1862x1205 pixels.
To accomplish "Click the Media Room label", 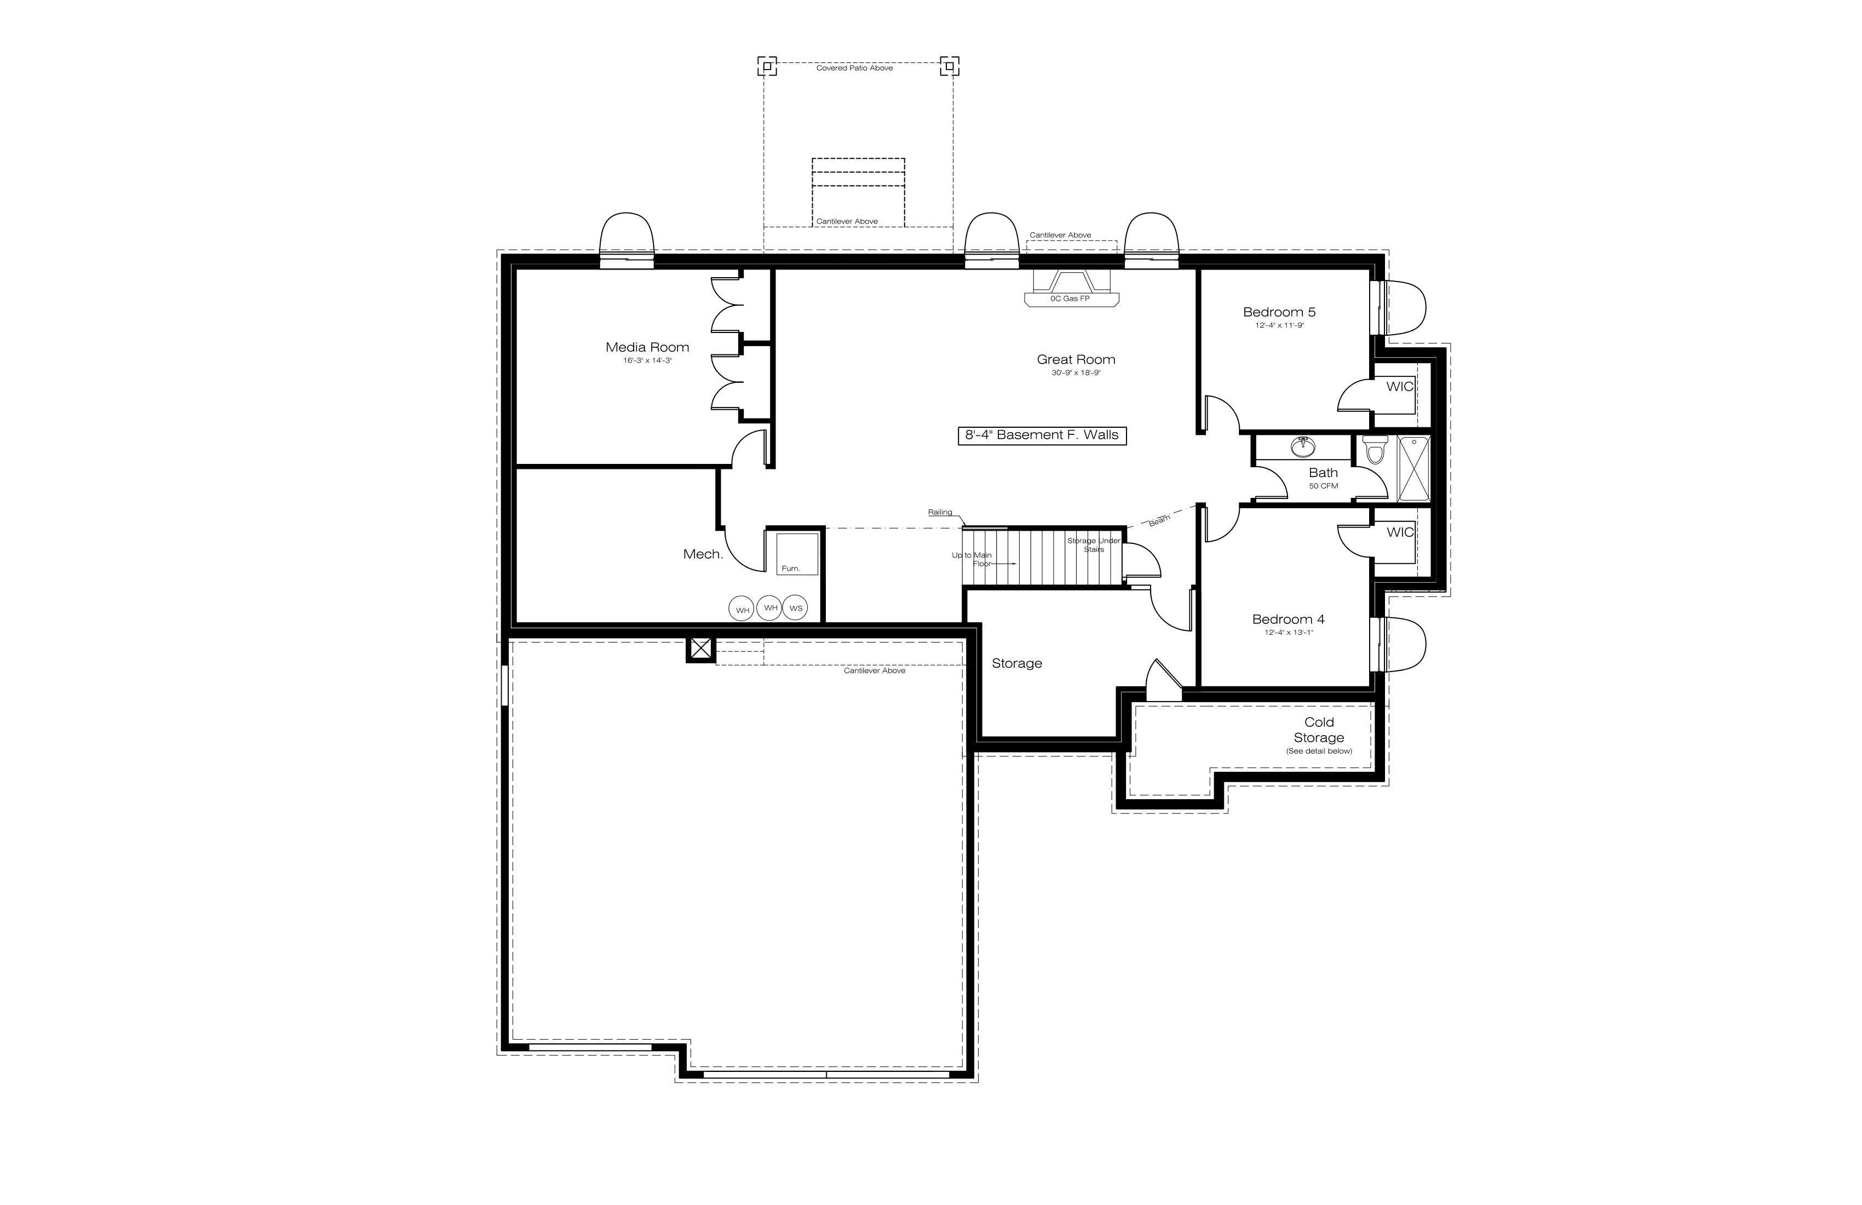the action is pyautogui.click(x=647, y=347).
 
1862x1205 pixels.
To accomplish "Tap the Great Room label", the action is pyautogui.click(x=1076, y=360).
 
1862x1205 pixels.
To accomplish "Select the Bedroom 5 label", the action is pyautogui.click(x=1279, y=312).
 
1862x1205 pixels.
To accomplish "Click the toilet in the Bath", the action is pyautogui.click(x=1375, y=450).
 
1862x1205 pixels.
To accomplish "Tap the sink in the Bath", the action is pyautogui.click(x=1303, y=447).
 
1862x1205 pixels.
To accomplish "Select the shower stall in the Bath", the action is pyautogui.click(x=1413, y=469).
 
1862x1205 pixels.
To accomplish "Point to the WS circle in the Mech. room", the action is pyautogui.click(x=796, y=608).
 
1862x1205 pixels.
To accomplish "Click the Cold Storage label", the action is pyautogui.click(x=1319, y=730).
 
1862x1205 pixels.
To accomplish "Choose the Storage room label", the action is pyautogui.click(x=1016, y=663).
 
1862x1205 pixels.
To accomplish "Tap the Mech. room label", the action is pyautogui.click(x=703, y=554).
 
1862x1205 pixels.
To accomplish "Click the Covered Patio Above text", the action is pyautogui.click(x=854, y=68).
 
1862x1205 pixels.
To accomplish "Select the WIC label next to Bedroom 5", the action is pyautogui.click(x=1400, y=387).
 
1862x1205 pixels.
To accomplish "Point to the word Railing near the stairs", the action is pyautogui.click(x=940, y=513).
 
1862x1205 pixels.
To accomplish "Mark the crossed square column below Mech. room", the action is pyautogui.click(x=701, y=648).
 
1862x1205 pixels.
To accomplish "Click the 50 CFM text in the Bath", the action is pyautogui.click(x=1323, y=486).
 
